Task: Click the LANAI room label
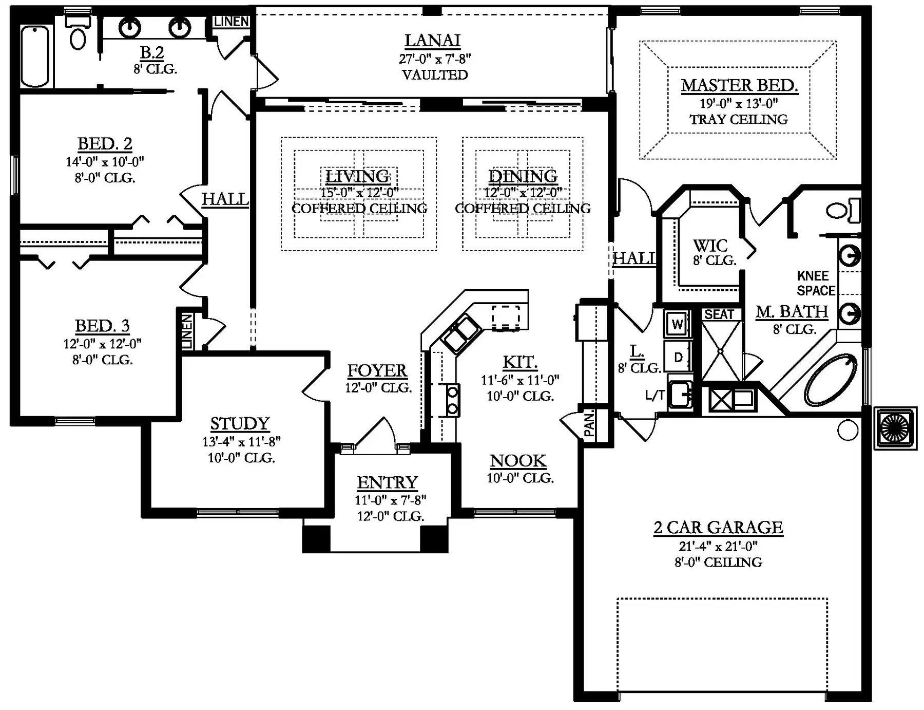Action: pyautogui.click(x=432, y=40)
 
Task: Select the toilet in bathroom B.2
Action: pyautogui.click(x=78, y=32)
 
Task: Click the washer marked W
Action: pyautogui.click(x=677, y=324)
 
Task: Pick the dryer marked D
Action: pyautogui.click(x=678, y=357)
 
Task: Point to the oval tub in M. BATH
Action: pyautogui.click(x=831, y=380)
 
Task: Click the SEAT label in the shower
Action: pyautogui.click(x=719, y=314)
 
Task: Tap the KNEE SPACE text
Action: pyautogui.click(x=816, y=284)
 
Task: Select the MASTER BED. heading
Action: pyautogui.click(x=739, y=85)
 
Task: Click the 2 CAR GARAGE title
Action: pyautogui.click(x=718, y=528)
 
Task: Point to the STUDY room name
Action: pyautogui.click(x=240, y=423)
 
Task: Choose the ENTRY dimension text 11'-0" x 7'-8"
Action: pyautogui.click(x=391, y=500)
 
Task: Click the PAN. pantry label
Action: pyautogui.click(x=589, y=424)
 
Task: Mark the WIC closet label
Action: pyautogui.click(x=710, y=246)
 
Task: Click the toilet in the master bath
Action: pyautogui.click(x=843, y=211)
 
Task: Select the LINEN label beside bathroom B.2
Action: pyautogui.click(x=232, y=22)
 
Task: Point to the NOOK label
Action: pyautogui.click(x=518, y=461)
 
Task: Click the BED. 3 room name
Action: pyautogui.click(x=102, y=326)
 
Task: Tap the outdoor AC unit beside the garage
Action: pyautogui.click(x=896, y=428)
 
